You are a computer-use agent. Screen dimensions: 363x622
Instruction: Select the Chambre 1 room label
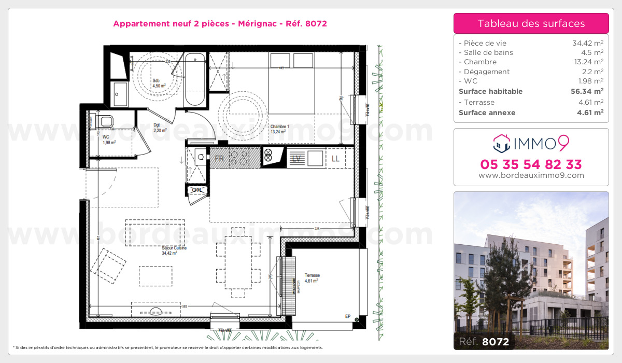279,129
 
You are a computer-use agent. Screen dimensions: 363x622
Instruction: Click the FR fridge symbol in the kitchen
220,159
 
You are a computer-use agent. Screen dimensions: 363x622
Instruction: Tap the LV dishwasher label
297,159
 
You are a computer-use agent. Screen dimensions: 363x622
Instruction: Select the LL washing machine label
335,159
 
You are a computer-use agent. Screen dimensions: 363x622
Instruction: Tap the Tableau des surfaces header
531,23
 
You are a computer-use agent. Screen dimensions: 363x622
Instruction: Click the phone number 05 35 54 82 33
531,165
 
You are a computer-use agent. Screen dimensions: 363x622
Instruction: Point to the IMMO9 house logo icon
502,143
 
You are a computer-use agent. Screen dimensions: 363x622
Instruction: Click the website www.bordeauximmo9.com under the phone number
531,175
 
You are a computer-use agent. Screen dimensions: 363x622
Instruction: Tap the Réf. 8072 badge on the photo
484,342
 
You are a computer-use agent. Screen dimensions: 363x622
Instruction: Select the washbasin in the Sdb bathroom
120,94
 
